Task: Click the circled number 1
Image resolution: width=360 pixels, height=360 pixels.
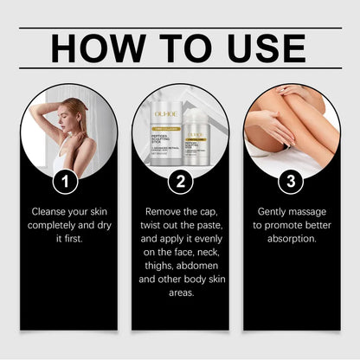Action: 67,182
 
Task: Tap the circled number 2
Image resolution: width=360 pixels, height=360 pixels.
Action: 180,182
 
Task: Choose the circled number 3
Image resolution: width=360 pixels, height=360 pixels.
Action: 292,182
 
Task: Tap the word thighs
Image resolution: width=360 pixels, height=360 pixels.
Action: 159,266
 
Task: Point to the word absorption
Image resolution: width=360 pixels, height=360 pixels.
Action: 292,239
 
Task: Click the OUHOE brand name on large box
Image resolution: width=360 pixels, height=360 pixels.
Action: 164,112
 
